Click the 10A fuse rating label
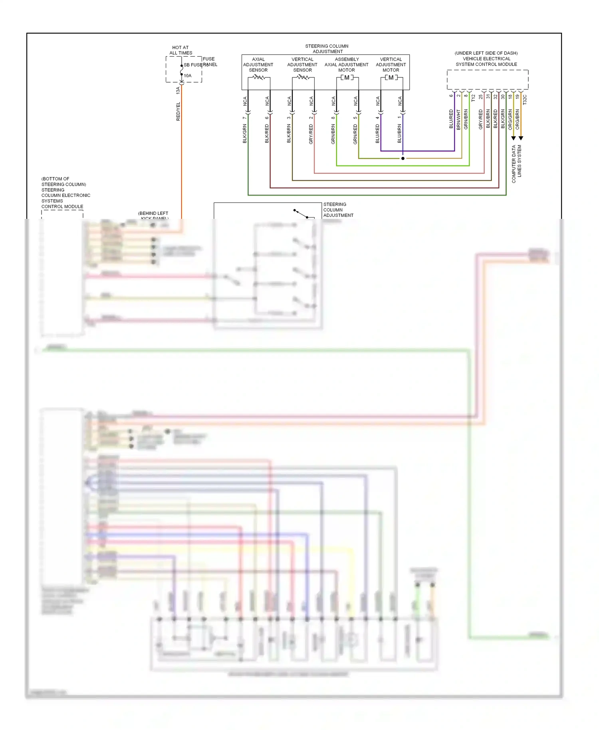[188, 75]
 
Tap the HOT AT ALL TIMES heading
[180, 50]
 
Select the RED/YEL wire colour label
[178, 111]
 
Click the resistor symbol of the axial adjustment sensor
[259, 77]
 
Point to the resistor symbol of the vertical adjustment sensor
[303, 77]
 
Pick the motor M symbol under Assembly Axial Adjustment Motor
[347, 77]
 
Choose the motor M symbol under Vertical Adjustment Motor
[391, 77]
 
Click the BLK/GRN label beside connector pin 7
[245, 133]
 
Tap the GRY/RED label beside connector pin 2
[311, 134]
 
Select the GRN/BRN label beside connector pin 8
[333, 134]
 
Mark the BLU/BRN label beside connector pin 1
[399, 133]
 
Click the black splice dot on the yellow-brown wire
[403, 159]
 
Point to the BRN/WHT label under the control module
[458, 119]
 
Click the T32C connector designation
[525, 99]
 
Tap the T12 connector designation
[473, 98]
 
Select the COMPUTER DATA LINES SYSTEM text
[516, 164]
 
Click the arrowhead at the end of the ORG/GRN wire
[514, 138]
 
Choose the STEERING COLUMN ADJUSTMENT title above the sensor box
[327, 49]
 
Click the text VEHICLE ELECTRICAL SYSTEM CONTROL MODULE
[486, 61]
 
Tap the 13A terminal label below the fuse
[178, 90]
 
